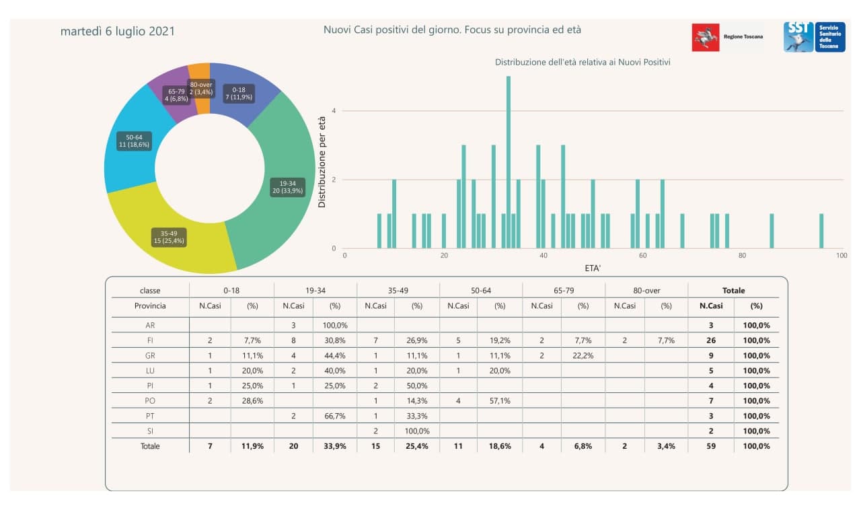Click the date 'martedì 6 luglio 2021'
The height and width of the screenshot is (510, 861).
click(x=118, y=32)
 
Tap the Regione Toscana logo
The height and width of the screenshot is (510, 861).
click(x=727, y=37)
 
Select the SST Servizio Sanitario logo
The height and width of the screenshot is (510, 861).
click(x=814, y=37)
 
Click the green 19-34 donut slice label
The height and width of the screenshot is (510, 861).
click(x=287, y=186)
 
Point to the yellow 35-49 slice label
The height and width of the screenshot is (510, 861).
click(x=169, y=237)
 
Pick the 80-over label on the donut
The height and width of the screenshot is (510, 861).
click(x=201, y=88)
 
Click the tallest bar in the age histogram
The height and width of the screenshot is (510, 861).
click(x=509, y=161)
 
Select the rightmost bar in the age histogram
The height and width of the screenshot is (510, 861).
click(x=821, y=231)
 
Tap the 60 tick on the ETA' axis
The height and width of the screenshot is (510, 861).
click(x=642, y=256)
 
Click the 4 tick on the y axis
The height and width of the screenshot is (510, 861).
click(x=334, y=111)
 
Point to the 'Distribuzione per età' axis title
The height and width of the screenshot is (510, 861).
click(x=322, y=162)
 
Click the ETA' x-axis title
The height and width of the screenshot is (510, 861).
click(x=593, y=268)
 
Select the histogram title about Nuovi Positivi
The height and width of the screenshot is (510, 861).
click(x=583, y=62)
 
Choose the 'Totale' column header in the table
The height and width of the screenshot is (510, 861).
click(x=733, y=291)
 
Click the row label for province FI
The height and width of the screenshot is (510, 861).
click(x=150, y=340)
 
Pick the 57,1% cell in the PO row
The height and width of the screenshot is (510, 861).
click(x=500, y=401)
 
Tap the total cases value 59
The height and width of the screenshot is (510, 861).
click(x=710, y=445)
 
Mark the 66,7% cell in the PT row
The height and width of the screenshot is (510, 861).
click(x=335, y=416)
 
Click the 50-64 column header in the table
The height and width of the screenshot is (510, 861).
click(x=480, y=291)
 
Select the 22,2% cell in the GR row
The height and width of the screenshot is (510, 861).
click(x=583, y=355)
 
